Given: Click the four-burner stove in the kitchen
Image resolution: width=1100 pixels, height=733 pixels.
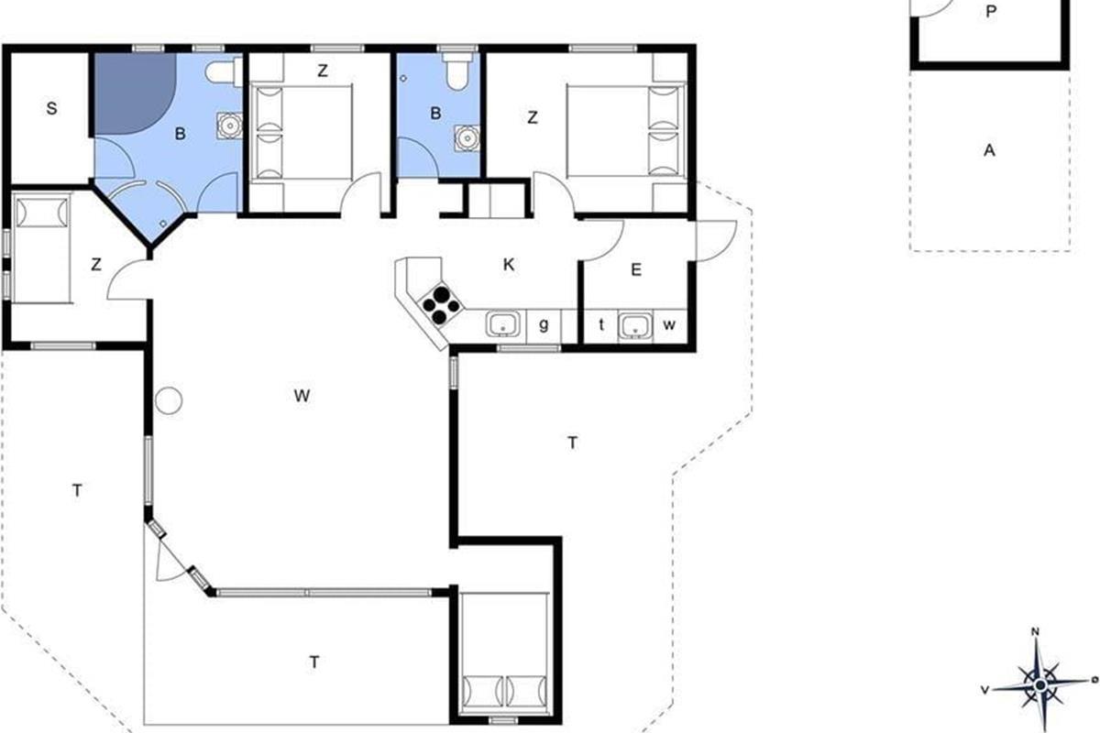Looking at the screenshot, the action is point(441,305).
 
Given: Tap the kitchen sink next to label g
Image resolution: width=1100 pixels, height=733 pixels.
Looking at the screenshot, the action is point(503,324).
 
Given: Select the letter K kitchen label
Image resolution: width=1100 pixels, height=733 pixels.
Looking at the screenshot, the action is point(509,265).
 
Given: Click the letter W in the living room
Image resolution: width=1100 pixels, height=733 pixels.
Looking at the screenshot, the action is point(302,396).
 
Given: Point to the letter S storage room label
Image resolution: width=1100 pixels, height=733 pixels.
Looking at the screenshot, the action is point(51,108).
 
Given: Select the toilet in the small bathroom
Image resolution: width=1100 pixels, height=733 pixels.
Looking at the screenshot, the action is point(457,71).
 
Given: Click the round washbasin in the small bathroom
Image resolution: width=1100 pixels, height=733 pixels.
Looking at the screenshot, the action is point(467,138).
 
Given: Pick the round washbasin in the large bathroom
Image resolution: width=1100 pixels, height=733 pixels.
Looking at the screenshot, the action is point(229,125).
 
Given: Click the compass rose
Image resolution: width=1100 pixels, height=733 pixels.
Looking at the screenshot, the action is point(1039,684).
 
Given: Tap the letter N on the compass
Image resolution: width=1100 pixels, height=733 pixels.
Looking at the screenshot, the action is point(1035,632).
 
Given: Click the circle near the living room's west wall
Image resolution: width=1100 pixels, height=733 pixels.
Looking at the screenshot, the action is point(169,400).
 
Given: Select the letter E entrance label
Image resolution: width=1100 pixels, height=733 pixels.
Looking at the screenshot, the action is point(636,269).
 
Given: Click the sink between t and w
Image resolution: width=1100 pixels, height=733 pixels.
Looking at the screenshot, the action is point(635,325).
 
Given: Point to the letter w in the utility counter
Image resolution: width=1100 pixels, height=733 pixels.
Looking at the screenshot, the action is point(669,325).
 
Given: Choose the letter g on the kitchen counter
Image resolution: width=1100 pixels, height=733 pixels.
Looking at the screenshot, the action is point(544,325).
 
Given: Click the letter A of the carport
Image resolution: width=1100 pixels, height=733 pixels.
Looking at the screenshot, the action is point(989,150).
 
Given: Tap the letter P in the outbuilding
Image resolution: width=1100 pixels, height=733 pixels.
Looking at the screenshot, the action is point(991,12).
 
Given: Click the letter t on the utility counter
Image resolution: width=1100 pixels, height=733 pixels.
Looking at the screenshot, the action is point(601,324).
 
